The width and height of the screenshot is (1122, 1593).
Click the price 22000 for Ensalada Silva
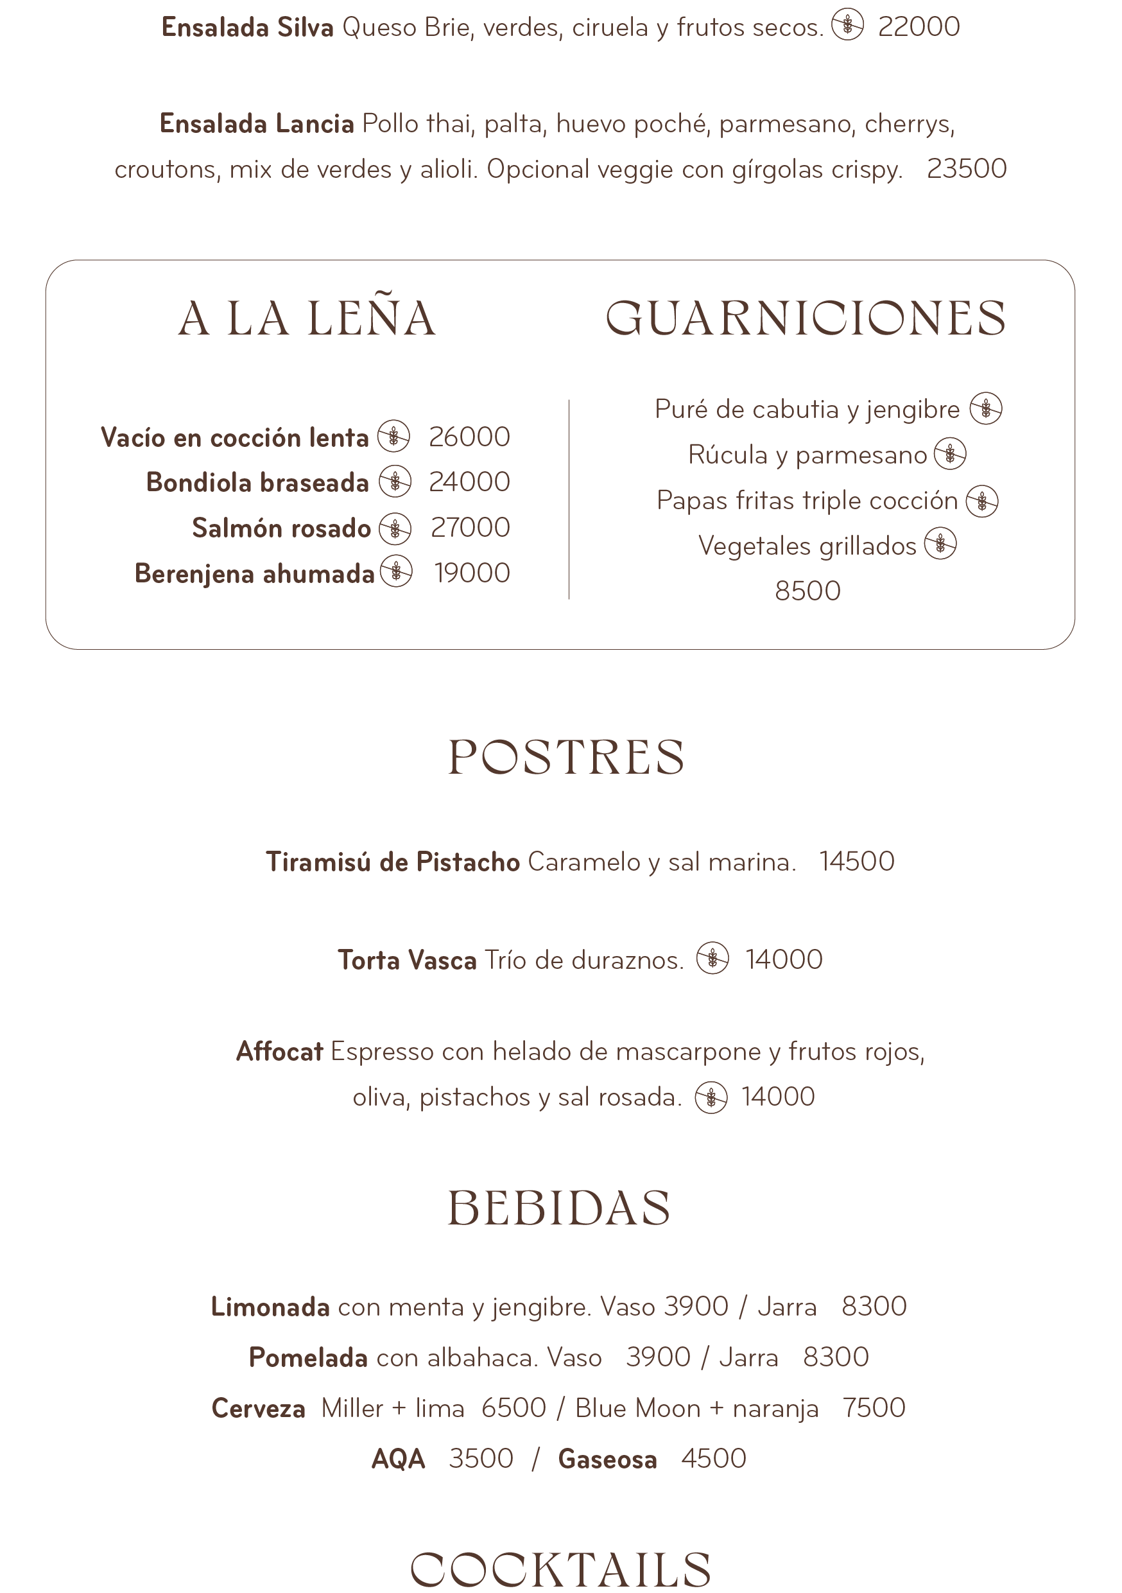918,27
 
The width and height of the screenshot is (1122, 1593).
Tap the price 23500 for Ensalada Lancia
966,169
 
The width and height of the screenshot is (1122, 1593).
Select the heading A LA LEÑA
307,318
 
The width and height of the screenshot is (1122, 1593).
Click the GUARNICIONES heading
805,318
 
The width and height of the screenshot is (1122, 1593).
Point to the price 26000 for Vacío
469,437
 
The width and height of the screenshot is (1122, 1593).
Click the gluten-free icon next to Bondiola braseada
395,482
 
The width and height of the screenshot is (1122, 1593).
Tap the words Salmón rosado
281,528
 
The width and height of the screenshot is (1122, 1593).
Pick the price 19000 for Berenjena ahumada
472,573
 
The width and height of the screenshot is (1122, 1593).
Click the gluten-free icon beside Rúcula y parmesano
949,455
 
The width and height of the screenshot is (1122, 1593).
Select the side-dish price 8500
807,591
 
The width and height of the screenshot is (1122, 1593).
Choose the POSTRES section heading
566,757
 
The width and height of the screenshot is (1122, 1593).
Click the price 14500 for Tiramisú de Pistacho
856,862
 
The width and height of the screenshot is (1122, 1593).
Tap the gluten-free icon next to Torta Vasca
712,959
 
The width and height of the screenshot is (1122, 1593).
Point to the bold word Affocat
279,1052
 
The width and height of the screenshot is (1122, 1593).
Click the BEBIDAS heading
559,1208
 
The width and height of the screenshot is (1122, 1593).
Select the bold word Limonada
270,1307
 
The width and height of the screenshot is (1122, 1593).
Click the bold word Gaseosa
607,1459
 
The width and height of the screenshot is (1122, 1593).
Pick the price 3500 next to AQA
481,1458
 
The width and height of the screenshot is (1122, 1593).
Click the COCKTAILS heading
560,1569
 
